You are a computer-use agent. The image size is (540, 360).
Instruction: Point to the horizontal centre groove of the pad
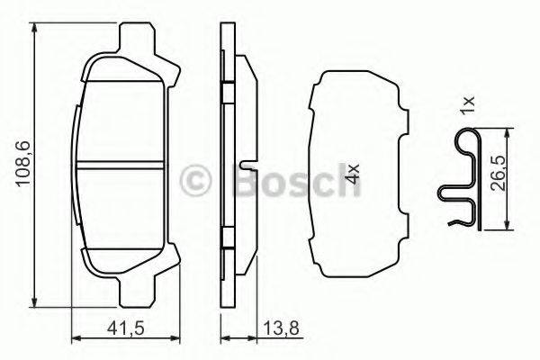121,166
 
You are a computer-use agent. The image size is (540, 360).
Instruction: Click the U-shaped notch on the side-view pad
246,166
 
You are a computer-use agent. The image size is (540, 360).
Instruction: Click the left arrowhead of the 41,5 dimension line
75,338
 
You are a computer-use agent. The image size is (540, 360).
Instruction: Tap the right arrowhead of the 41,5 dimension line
165,338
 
